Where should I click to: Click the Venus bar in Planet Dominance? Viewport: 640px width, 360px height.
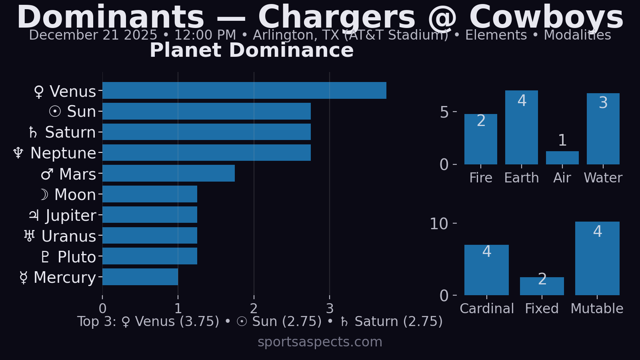(244, 90)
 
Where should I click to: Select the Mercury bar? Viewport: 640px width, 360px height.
(140, 277)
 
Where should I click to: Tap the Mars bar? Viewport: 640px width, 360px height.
(168, 173)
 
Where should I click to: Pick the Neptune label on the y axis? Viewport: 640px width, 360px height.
(55, 153)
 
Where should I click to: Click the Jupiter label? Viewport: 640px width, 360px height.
(63, 216)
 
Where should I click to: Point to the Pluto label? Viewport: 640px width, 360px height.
(68, 257)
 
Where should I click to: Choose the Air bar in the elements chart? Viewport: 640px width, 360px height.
(562, 158)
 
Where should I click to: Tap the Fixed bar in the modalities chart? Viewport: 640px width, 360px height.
(542, 286)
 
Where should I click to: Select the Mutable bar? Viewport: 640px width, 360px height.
(597, 258)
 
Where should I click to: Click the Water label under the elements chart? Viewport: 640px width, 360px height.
(603, 178)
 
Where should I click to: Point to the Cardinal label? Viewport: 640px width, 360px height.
(486, 308)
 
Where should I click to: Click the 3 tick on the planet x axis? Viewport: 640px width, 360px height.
(330, 308)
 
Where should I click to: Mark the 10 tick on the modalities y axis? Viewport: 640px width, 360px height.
(439, 224)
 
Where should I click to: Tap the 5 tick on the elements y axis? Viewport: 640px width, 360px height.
(444, 112)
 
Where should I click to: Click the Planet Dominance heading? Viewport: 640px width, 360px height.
(252, 50)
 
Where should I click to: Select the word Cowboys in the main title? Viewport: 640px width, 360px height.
(546, 18)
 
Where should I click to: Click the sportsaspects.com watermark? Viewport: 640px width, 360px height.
(320, 342)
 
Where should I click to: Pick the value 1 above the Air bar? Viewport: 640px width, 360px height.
(562, 140)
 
